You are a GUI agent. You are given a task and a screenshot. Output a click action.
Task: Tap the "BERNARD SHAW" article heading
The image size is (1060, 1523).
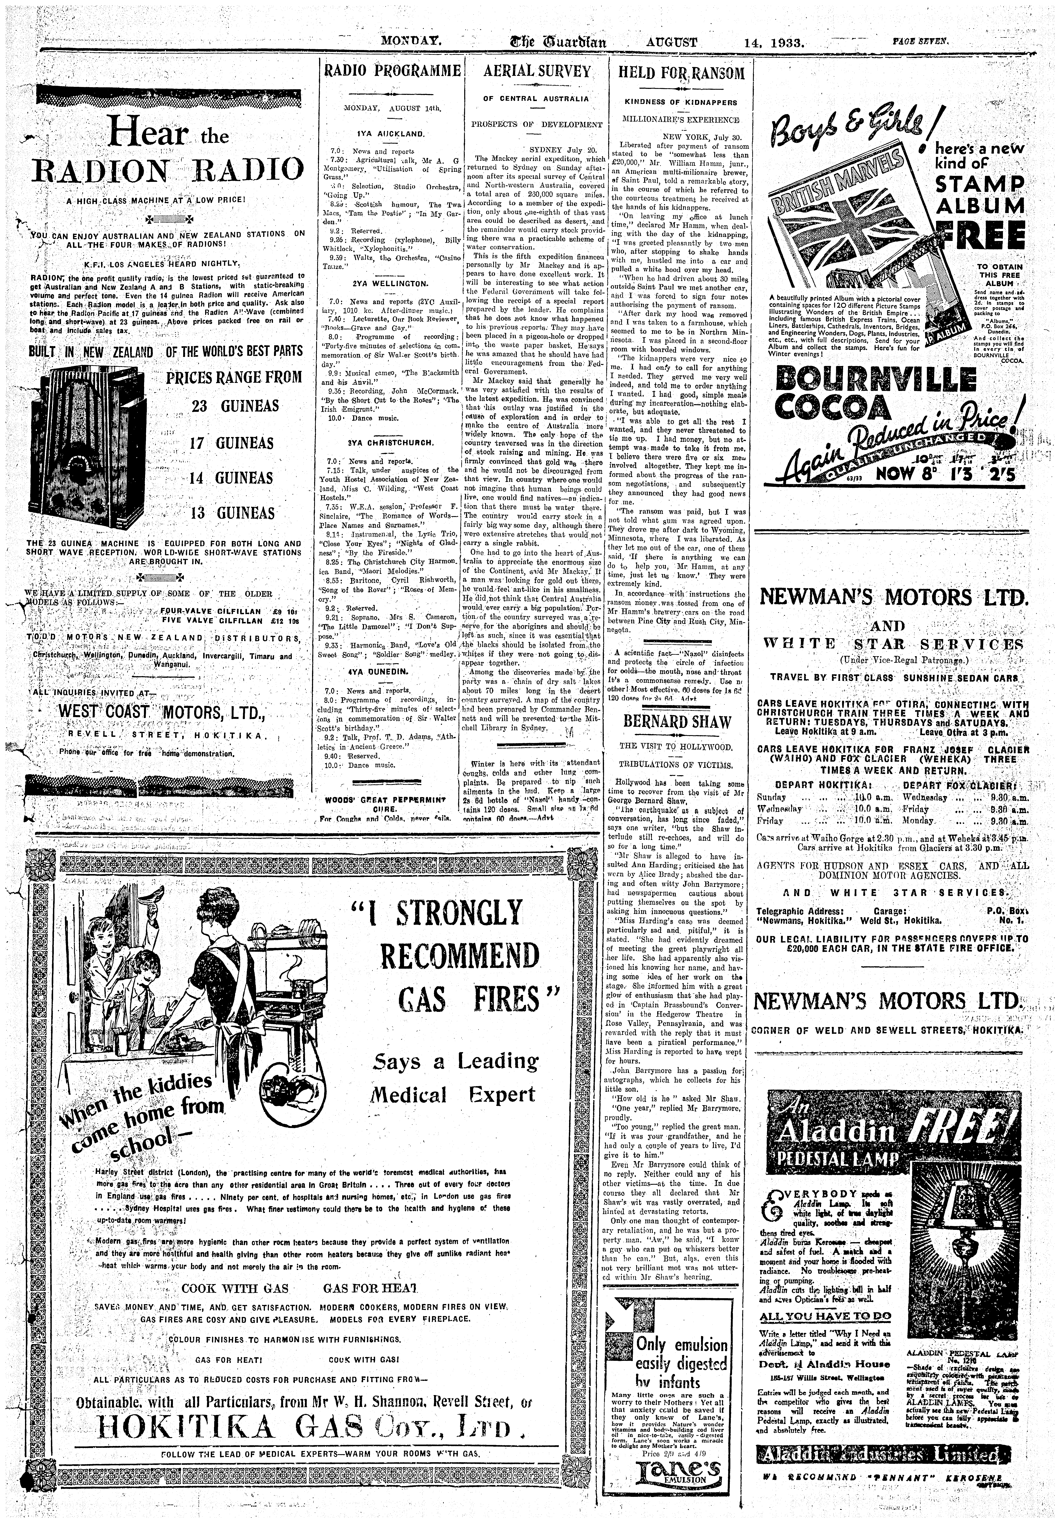point(677,722)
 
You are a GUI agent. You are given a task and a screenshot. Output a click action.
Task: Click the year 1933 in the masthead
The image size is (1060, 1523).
point(784,44)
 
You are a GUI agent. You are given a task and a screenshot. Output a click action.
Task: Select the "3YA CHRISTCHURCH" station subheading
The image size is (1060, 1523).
point(390,442)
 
